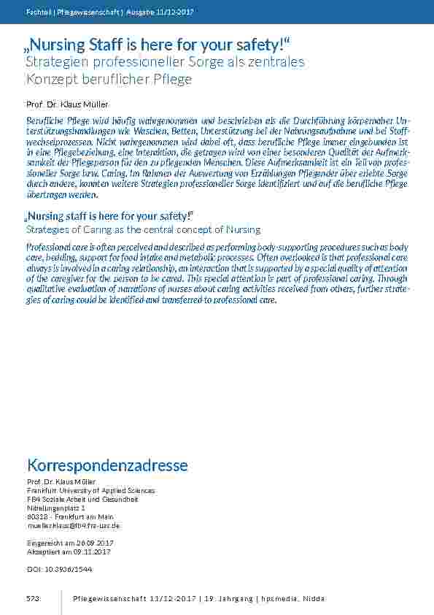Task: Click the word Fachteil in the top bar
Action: click(38, 12)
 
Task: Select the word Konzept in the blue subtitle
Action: click(51, 79)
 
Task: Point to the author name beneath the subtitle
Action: click(67, 104)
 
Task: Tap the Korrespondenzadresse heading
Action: click(107, 465)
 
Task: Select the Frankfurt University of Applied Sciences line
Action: click(90, 491)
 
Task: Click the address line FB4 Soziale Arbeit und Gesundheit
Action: click(82, 500)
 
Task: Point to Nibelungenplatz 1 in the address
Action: click(55, 508)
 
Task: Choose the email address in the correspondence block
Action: click(73, 525)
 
